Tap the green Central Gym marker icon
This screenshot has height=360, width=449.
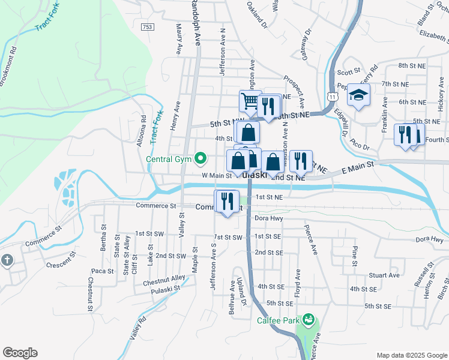[x=203, y=160]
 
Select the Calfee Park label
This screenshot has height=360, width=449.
[x=278, y=320]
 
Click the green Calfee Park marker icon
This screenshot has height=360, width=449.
[x=309, y=319]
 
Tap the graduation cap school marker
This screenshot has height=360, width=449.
[x=358, y=95]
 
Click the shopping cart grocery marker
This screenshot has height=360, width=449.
[x=250, y=101]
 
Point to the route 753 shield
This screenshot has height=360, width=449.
[x=148, y=27]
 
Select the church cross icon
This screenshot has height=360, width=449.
[x=7, y=260]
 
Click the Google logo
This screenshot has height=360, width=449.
[x=20, y=353]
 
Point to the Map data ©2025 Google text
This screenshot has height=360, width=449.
[x=411, y=355]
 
